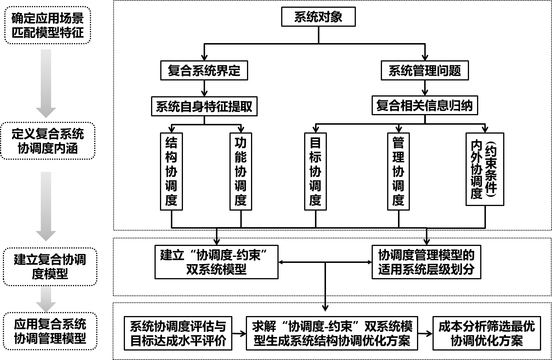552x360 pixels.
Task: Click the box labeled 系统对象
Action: click(x=318, y=17)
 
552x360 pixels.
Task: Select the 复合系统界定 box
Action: click(x=204, y=70)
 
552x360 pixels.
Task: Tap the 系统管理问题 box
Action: click(x=424, y=70)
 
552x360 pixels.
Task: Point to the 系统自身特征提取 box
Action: click(x=204, y=106)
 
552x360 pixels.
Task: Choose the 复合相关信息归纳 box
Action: click(x=424, y=105)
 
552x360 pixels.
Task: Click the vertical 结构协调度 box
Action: click(x=171, y=171)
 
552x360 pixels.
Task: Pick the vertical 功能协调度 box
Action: click(x=241, y=171)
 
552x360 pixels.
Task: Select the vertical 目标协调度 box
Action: click(x=315, y=171)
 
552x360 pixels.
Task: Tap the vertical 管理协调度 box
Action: click(x=398, y=171)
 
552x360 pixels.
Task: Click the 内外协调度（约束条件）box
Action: click(x=485, y=169)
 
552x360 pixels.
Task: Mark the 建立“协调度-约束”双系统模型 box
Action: click(x=216, y=262)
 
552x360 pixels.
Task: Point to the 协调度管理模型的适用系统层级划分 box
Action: click(x=426, y=262)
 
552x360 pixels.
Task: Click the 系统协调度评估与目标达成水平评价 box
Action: click(x=178, y=333)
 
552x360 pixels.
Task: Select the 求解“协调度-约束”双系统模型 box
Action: click(x=332, y=333)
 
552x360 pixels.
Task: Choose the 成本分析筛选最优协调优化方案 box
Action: click(x=487, y=333)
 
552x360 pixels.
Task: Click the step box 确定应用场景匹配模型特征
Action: click(x=48, y=25)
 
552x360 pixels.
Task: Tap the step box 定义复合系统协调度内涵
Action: click(x=48, y=141)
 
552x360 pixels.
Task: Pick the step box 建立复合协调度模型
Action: click(x=50, y=267)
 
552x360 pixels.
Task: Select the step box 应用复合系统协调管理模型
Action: click(x=50, y=331)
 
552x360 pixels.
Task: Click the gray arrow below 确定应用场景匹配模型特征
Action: click(x=46, y=83)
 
